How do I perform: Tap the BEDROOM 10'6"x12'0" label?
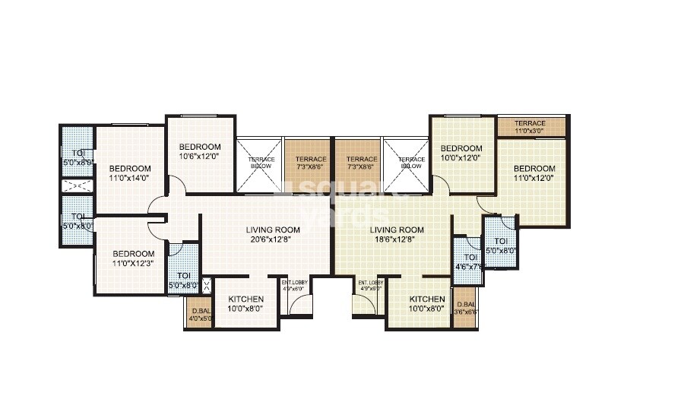click(200, 152)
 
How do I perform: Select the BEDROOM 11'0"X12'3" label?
click(133, 259)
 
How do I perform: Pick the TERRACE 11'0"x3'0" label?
click(530, 127)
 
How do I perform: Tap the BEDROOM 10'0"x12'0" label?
click(461, 153)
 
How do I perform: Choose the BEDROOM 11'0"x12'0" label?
click(534, 173)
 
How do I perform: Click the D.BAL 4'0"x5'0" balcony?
click(199, 312)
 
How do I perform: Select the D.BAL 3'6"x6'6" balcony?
click(464, 308)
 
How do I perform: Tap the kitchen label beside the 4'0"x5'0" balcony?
click(245, 303)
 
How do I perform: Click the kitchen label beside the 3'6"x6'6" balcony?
click(426, 303)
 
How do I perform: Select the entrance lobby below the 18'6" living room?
click(371, 286)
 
